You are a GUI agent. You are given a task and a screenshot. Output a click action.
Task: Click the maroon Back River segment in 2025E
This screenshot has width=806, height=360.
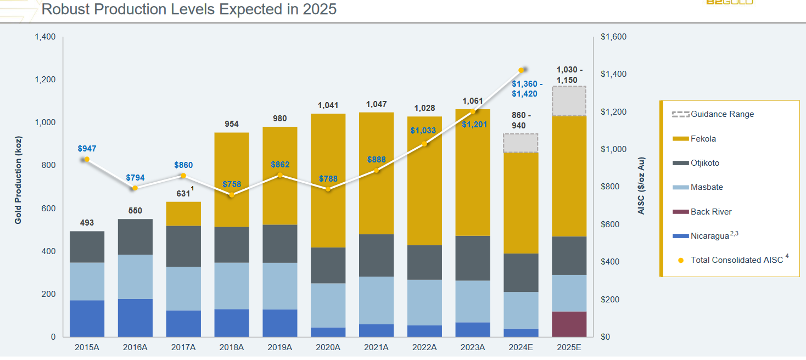[569, 324]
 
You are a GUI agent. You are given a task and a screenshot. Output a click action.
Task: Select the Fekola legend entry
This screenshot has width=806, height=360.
[703, 139]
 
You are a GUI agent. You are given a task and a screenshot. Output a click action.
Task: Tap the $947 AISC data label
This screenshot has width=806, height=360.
[87, 148]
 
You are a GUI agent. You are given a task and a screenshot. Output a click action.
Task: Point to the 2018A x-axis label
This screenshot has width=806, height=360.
[231, 347]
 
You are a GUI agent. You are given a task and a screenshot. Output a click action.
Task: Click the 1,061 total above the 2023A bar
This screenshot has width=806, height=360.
[473, 101]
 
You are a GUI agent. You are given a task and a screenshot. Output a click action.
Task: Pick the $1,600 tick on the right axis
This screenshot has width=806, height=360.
[613, 37]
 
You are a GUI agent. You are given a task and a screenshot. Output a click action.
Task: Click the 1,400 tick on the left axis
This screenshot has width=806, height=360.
[45, 37]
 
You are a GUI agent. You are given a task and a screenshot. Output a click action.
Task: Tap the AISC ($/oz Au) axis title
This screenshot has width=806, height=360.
[642, 187]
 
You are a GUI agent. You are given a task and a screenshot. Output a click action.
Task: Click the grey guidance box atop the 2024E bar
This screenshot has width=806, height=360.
[520, 143]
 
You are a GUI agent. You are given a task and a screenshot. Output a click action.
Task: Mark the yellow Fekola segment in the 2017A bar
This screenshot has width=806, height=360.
[183, 213]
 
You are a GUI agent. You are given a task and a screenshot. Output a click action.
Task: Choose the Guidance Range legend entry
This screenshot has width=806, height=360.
[722, 114]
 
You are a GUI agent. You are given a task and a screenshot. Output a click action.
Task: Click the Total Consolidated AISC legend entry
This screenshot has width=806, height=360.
[736, 260]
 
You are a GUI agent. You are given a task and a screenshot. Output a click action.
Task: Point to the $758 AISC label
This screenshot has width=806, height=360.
[231, 184]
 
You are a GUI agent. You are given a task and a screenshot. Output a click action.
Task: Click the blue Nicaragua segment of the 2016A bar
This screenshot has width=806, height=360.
[135, 318]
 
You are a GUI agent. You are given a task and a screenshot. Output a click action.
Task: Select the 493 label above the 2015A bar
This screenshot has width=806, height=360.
[87, 223]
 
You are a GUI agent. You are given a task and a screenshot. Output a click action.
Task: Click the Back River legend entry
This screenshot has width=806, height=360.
[711, 212]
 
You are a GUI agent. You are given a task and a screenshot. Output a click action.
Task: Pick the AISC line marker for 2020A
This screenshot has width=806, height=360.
[328, 189]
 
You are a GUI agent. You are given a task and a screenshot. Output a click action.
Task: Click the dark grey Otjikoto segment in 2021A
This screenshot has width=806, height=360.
[377, 255]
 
